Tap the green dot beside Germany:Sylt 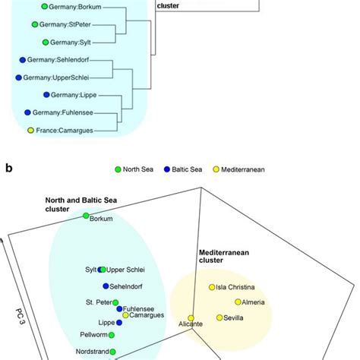point(46,43)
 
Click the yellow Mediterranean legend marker point(237,170)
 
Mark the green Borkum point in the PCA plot point(86,217)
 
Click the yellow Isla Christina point point(212,287)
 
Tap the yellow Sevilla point point(219,318)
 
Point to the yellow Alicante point point(191,317)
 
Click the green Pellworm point point(112,334)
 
